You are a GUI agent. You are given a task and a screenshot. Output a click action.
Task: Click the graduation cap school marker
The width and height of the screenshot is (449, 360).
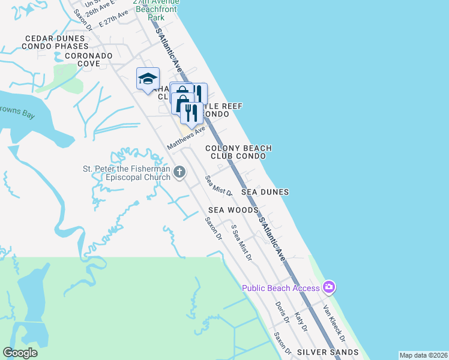click(x=148, y=79)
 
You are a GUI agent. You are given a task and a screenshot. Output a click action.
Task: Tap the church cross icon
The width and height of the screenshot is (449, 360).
click(x=179, y=173)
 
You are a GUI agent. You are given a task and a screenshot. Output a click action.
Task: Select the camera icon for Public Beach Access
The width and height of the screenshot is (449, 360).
click(x=328, y=287)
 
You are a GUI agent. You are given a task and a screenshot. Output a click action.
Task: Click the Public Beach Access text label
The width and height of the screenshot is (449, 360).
click(x=281, y=288)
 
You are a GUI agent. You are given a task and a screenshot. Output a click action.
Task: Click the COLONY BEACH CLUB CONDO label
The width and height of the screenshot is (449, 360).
click(x=238, y=152)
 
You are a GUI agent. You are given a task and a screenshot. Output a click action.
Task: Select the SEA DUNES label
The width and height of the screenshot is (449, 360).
click(x=265, y=192)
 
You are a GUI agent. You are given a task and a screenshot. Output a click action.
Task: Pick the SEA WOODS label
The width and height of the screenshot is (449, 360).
click(x=234, y=210)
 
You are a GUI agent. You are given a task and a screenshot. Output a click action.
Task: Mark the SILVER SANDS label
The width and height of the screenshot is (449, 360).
click(x=328, y=352)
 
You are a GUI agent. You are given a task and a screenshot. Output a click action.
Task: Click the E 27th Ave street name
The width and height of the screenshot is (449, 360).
click(x=113, y=19)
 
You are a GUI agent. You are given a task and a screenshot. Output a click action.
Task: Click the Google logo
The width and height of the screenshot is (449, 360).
click(x=20, y=353)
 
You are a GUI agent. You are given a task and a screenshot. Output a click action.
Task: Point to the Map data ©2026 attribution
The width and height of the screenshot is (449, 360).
click(x=423, y=355)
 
